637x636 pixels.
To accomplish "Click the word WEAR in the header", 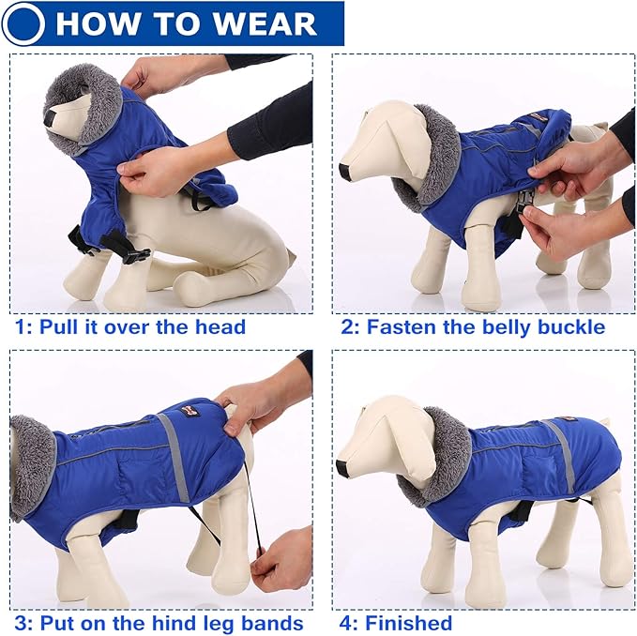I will tap(265, 23).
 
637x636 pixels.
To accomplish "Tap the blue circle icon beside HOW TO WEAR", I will tap(24, 23).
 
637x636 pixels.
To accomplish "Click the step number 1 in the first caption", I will tap(21, 327).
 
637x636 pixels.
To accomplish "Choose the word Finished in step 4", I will tap(409, 623).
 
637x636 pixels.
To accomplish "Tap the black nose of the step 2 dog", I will tap(344, 172).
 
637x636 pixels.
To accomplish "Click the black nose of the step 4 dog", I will tap(342, 466).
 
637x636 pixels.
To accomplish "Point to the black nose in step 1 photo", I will tap(50, 118).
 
